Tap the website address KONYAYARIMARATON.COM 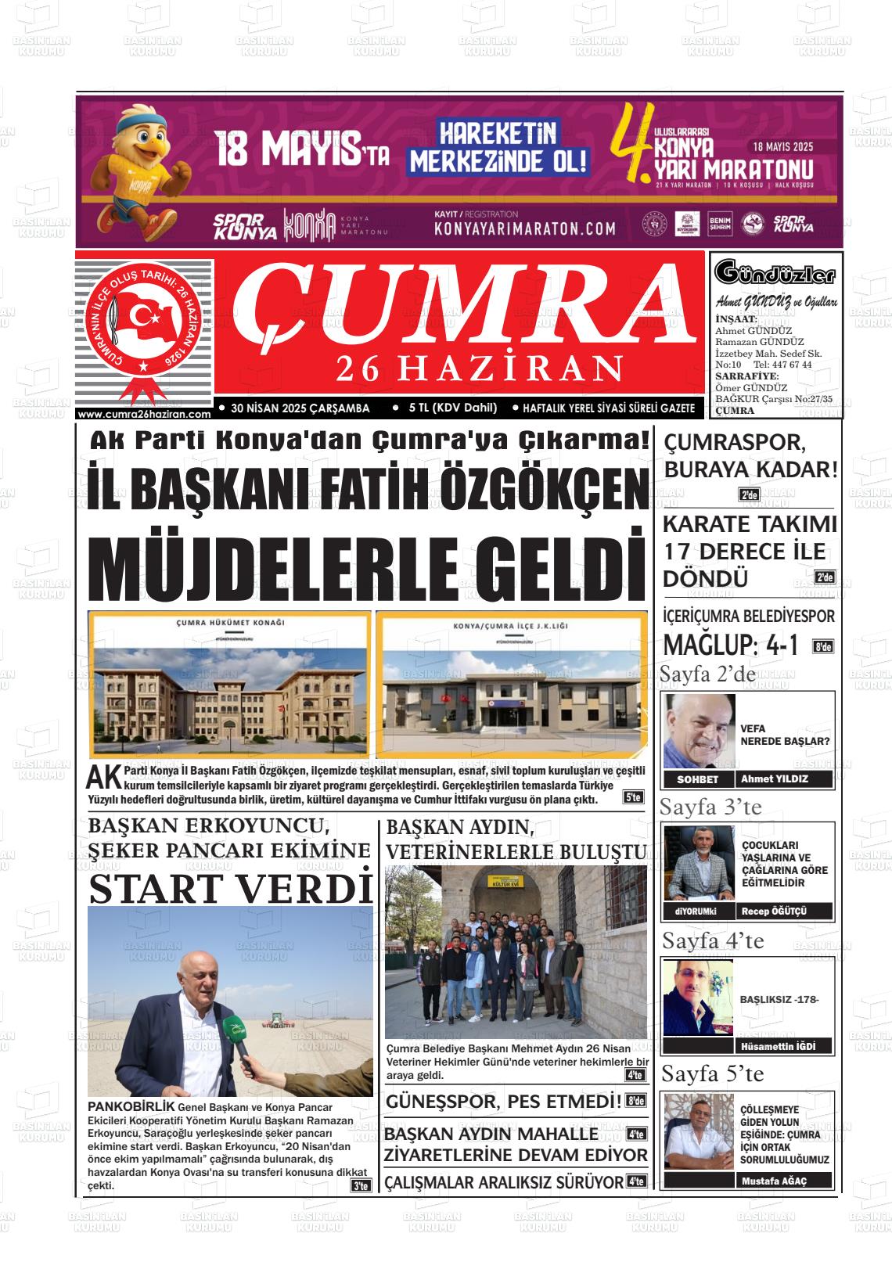click(524, 229)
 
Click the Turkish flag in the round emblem click(144, 321)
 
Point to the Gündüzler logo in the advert click(775, 274)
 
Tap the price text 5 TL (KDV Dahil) click(458, 408)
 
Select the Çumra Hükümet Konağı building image click(229, 682)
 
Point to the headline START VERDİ click(231, 887)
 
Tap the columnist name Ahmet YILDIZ click(774, 778)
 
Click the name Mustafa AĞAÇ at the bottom click(774, 1181)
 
